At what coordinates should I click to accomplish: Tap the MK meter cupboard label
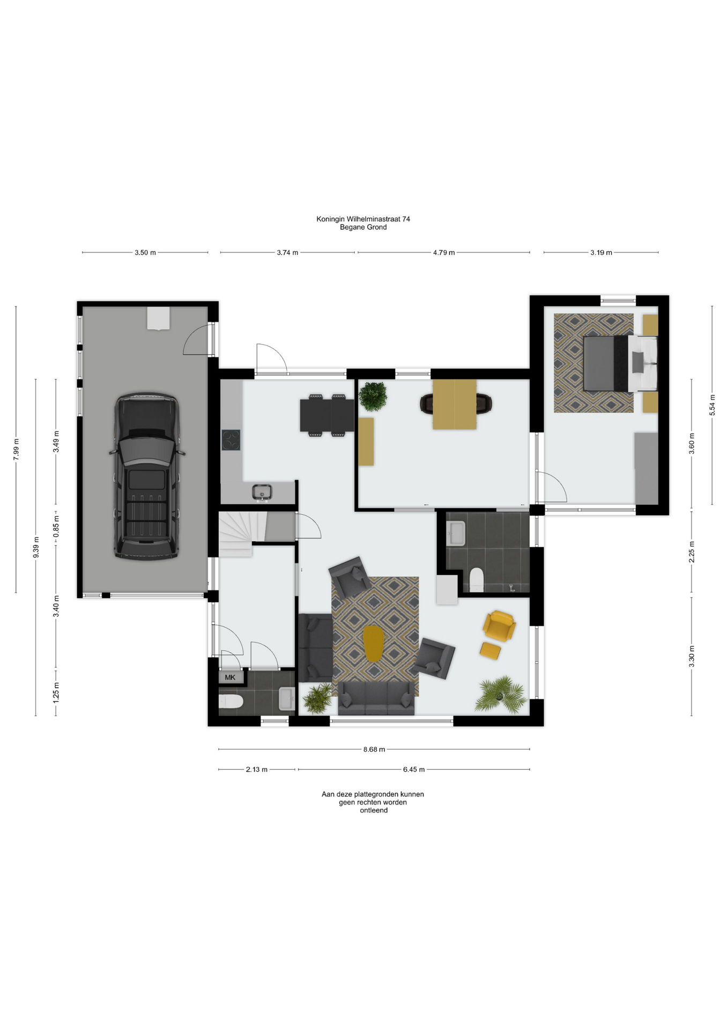(x=230, y=677)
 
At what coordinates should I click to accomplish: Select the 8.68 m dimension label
(x=374, y=749)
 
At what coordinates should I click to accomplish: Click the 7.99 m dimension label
(x=16, y=449)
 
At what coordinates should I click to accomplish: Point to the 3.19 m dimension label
(x=601, y=252)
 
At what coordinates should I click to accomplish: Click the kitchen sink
(x=262, y=492)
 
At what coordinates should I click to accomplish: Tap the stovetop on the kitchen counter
(x=231, y=441)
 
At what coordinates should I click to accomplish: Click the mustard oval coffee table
(x=373, y=643)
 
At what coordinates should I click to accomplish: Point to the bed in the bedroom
(x=620, y=363)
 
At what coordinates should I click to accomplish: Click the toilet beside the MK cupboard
(x=231, y=702)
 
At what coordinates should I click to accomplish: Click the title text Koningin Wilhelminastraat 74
(x=363, y=219)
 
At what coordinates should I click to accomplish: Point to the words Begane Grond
(x=363, y=227)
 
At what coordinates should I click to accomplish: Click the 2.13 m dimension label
(x=257, y=770)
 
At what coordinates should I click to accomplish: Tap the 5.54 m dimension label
(x=712, y=405)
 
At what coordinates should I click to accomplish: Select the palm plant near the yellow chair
(x=501, y=695)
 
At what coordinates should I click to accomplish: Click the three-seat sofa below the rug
(x=376, y=698)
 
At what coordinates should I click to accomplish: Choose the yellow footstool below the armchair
(x=490, y=651)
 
